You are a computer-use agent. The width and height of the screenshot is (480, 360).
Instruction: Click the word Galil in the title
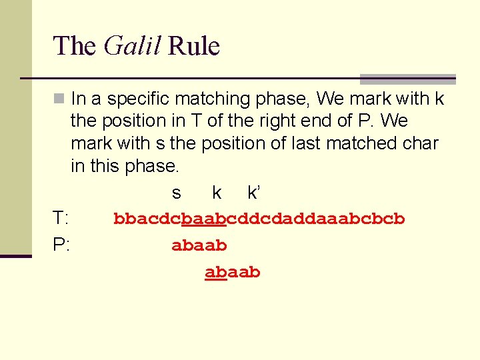(133, 46)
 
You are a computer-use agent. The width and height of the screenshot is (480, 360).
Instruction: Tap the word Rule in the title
(194, 46)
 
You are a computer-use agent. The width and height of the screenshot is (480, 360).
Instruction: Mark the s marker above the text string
(176, 193)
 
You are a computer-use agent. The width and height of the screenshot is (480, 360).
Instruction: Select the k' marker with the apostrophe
(254, 193)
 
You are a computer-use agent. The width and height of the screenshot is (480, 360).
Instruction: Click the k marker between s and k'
(217, 193)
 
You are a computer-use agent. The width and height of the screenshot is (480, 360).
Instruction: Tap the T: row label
(62, 219)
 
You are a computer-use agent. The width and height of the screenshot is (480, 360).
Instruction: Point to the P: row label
(62, 245)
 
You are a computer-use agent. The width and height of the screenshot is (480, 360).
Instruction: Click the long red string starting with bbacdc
(259, 219)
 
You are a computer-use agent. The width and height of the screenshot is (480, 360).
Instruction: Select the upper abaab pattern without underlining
(199, 246)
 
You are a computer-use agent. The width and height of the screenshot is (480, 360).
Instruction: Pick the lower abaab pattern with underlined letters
(233, 273)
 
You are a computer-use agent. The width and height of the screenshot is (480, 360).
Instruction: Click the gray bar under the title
(407, 79)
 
